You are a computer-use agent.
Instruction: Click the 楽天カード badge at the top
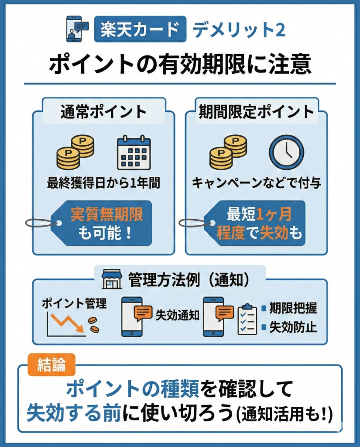click(140, 29)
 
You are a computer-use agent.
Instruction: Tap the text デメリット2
click(239, 29)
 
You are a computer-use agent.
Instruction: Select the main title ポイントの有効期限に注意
click(180, 64)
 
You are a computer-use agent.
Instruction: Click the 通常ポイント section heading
click(103, 112)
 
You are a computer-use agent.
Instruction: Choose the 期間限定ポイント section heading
click(256, 112)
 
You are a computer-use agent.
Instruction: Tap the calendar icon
click(134, 153)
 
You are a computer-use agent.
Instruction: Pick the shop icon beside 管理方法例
click(111, 279)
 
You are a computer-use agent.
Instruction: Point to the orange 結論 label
click(52, 365)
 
